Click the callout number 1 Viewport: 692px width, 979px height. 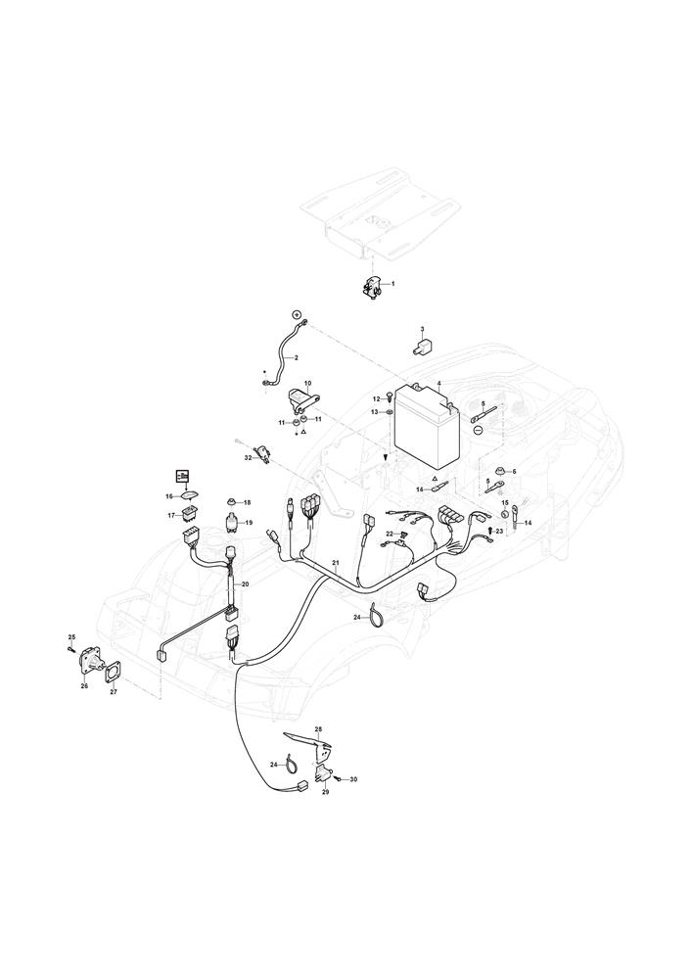(393, 284)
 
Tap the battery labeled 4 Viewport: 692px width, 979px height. (430, 429)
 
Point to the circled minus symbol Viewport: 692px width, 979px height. (478, 430)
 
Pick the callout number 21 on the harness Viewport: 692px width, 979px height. (336, 563)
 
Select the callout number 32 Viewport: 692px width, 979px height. (248, 457)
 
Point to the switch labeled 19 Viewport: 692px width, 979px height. (234, 522)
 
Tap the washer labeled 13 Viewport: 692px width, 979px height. (390, 412)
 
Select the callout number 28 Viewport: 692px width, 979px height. (318, 729)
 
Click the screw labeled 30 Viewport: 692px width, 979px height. (340, 778)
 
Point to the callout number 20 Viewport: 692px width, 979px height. (245, 584)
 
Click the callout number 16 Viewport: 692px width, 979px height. (168, 496)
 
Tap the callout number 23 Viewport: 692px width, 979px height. (499, 530)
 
